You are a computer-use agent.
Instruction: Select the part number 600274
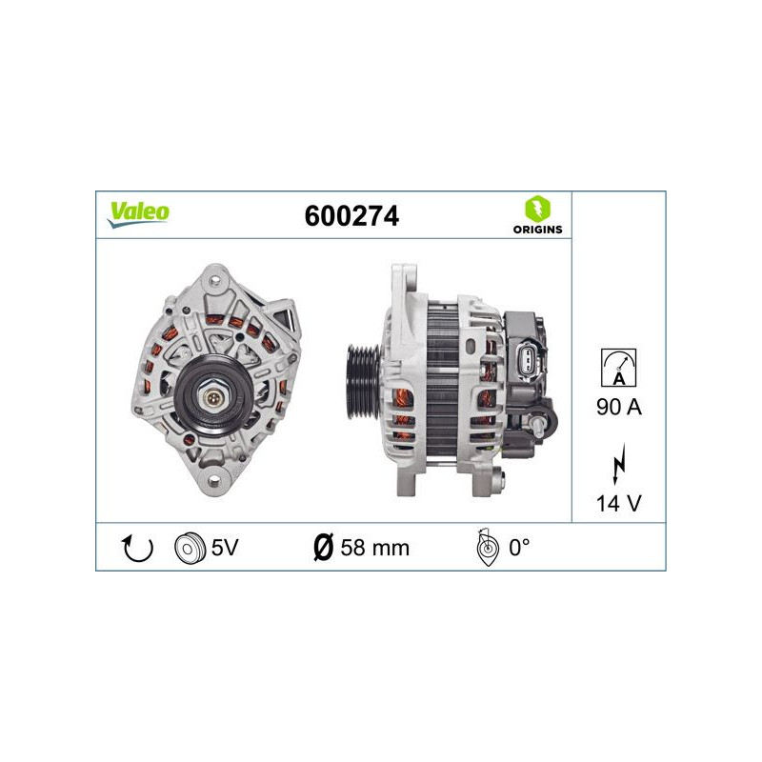(x=351, y=216)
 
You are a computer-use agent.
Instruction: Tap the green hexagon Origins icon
(x=537, y=209)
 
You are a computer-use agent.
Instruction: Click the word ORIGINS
(x=537, y=230)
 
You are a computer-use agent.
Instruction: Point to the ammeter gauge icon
(x=618, y=368)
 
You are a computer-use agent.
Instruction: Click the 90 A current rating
(x=618, y=407)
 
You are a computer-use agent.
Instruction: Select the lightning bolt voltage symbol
(x=618, y=463)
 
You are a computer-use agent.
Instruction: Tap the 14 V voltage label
(x=618, y=503)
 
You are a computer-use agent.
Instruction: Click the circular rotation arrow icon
(x=137, y=549)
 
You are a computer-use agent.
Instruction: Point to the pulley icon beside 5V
(x=190, y=549)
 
